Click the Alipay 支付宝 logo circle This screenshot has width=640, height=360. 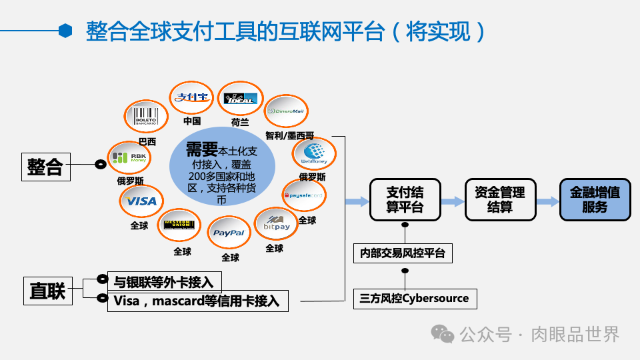click(192, 97)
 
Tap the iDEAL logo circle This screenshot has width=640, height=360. click(241, 99)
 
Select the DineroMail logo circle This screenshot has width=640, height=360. click(287, 111)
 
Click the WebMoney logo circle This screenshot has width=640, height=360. click(313, 154)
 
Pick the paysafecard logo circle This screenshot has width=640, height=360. click(304, 195)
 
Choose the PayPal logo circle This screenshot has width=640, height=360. click(229, 233)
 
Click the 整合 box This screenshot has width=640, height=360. click(45, 166)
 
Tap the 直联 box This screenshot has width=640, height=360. click(47, 291)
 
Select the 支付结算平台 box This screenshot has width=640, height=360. click(405, 199)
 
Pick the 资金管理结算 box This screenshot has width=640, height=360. click(499, 199)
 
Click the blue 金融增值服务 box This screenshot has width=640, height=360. click(595, 199)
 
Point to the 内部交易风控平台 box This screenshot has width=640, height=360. click(403, 253)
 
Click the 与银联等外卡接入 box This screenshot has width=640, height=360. click(164, 281)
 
